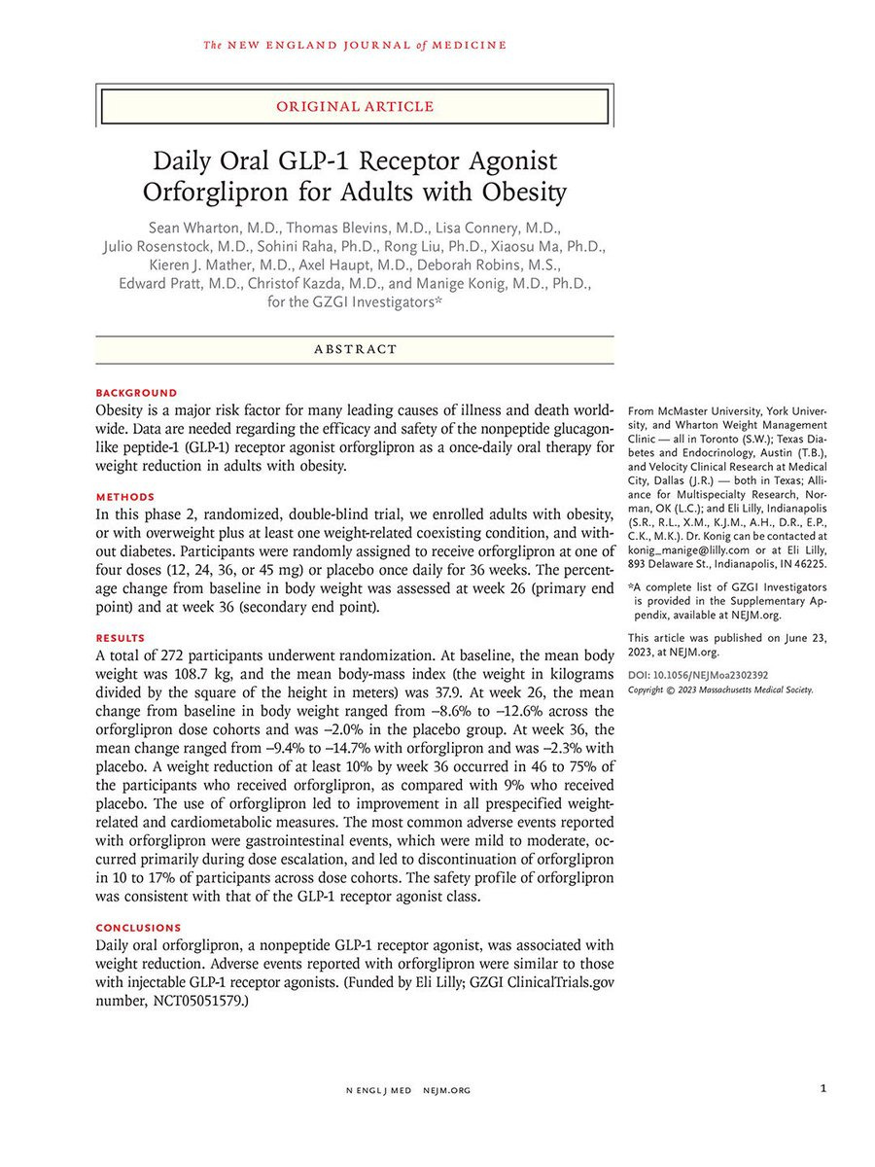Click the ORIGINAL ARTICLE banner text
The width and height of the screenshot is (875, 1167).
354,106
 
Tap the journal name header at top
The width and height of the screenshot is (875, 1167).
355,45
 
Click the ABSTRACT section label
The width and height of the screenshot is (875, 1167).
355,349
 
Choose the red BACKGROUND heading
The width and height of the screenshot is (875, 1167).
136,393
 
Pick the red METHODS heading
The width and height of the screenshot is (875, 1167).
125,497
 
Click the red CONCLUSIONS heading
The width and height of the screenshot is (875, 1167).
138,928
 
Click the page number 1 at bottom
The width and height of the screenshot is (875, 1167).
822,1090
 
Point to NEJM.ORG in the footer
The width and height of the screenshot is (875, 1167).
446,1091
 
